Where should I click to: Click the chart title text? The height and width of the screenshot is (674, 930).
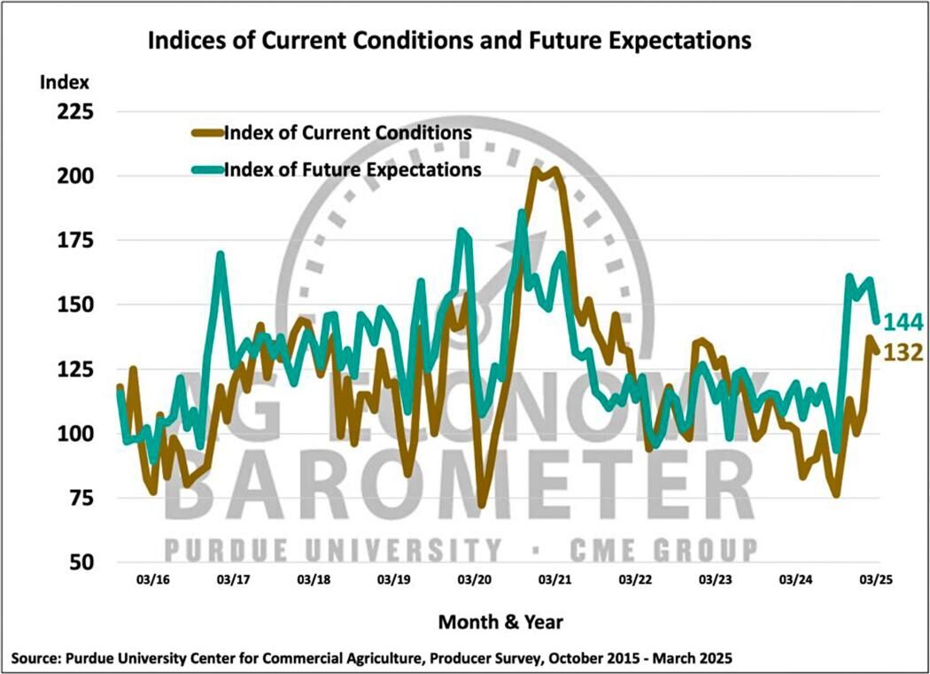(449, 41)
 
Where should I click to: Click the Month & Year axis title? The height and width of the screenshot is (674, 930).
(500, 622)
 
